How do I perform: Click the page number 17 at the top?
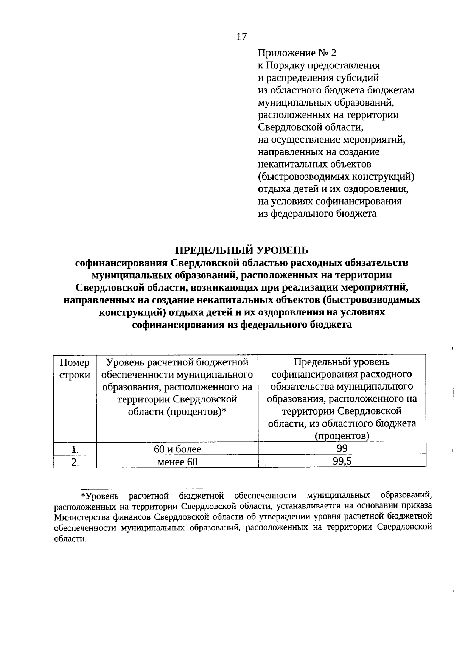(241, 37)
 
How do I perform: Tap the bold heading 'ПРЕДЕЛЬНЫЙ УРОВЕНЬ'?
(242, 250)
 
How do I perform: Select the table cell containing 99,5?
(342, 461)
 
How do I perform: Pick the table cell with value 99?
(342, 448)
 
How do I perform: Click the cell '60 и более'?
(177, 449)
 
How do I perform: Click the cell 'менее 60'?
(177, 462)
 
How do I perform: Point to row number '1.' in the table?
(75, 449)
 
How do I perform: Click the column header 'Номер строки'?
(75, 369)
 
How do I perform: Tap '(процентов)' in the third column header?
(342, 436)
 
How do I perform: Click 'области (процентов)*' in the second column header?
(177, 412)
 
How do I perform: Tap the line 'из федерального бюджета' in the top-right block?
(317, 214)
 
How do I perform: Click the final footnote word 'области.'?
(70, 539)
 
